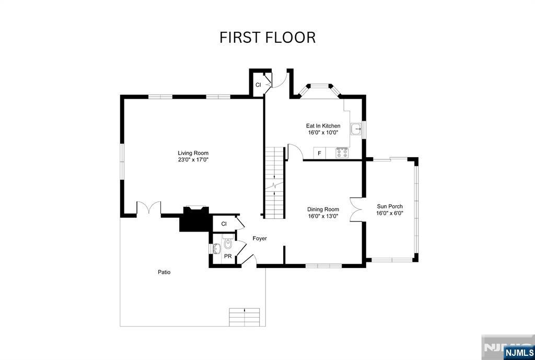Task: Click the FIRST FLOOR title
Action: coord(267,38)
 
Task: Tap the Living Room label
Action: coord(193,153)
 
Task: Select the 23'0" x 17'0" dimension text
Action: coord(193,160)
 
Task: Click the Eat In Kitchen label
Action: coord(323,126)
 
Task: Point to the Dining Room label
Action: coord(323,210)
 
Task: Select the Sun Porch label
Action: coord(390,206)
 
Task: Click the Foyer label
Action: coord(260,238)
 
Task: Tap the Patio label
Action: coord(164,272)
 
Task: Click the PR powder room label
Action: coord(228,256)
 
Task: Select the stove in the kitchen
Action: coord(342,153)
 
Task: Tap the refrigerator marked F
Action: coord(319,154)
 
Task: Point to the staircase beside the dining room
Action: coord(274,183)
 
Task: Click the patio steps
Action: coord(245,317)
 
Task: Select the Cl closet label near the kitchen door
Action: coord(258,85)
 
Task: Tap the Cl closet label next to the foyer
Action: coord(224,224)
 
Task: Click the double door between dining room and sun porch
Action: coord(356,210)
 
